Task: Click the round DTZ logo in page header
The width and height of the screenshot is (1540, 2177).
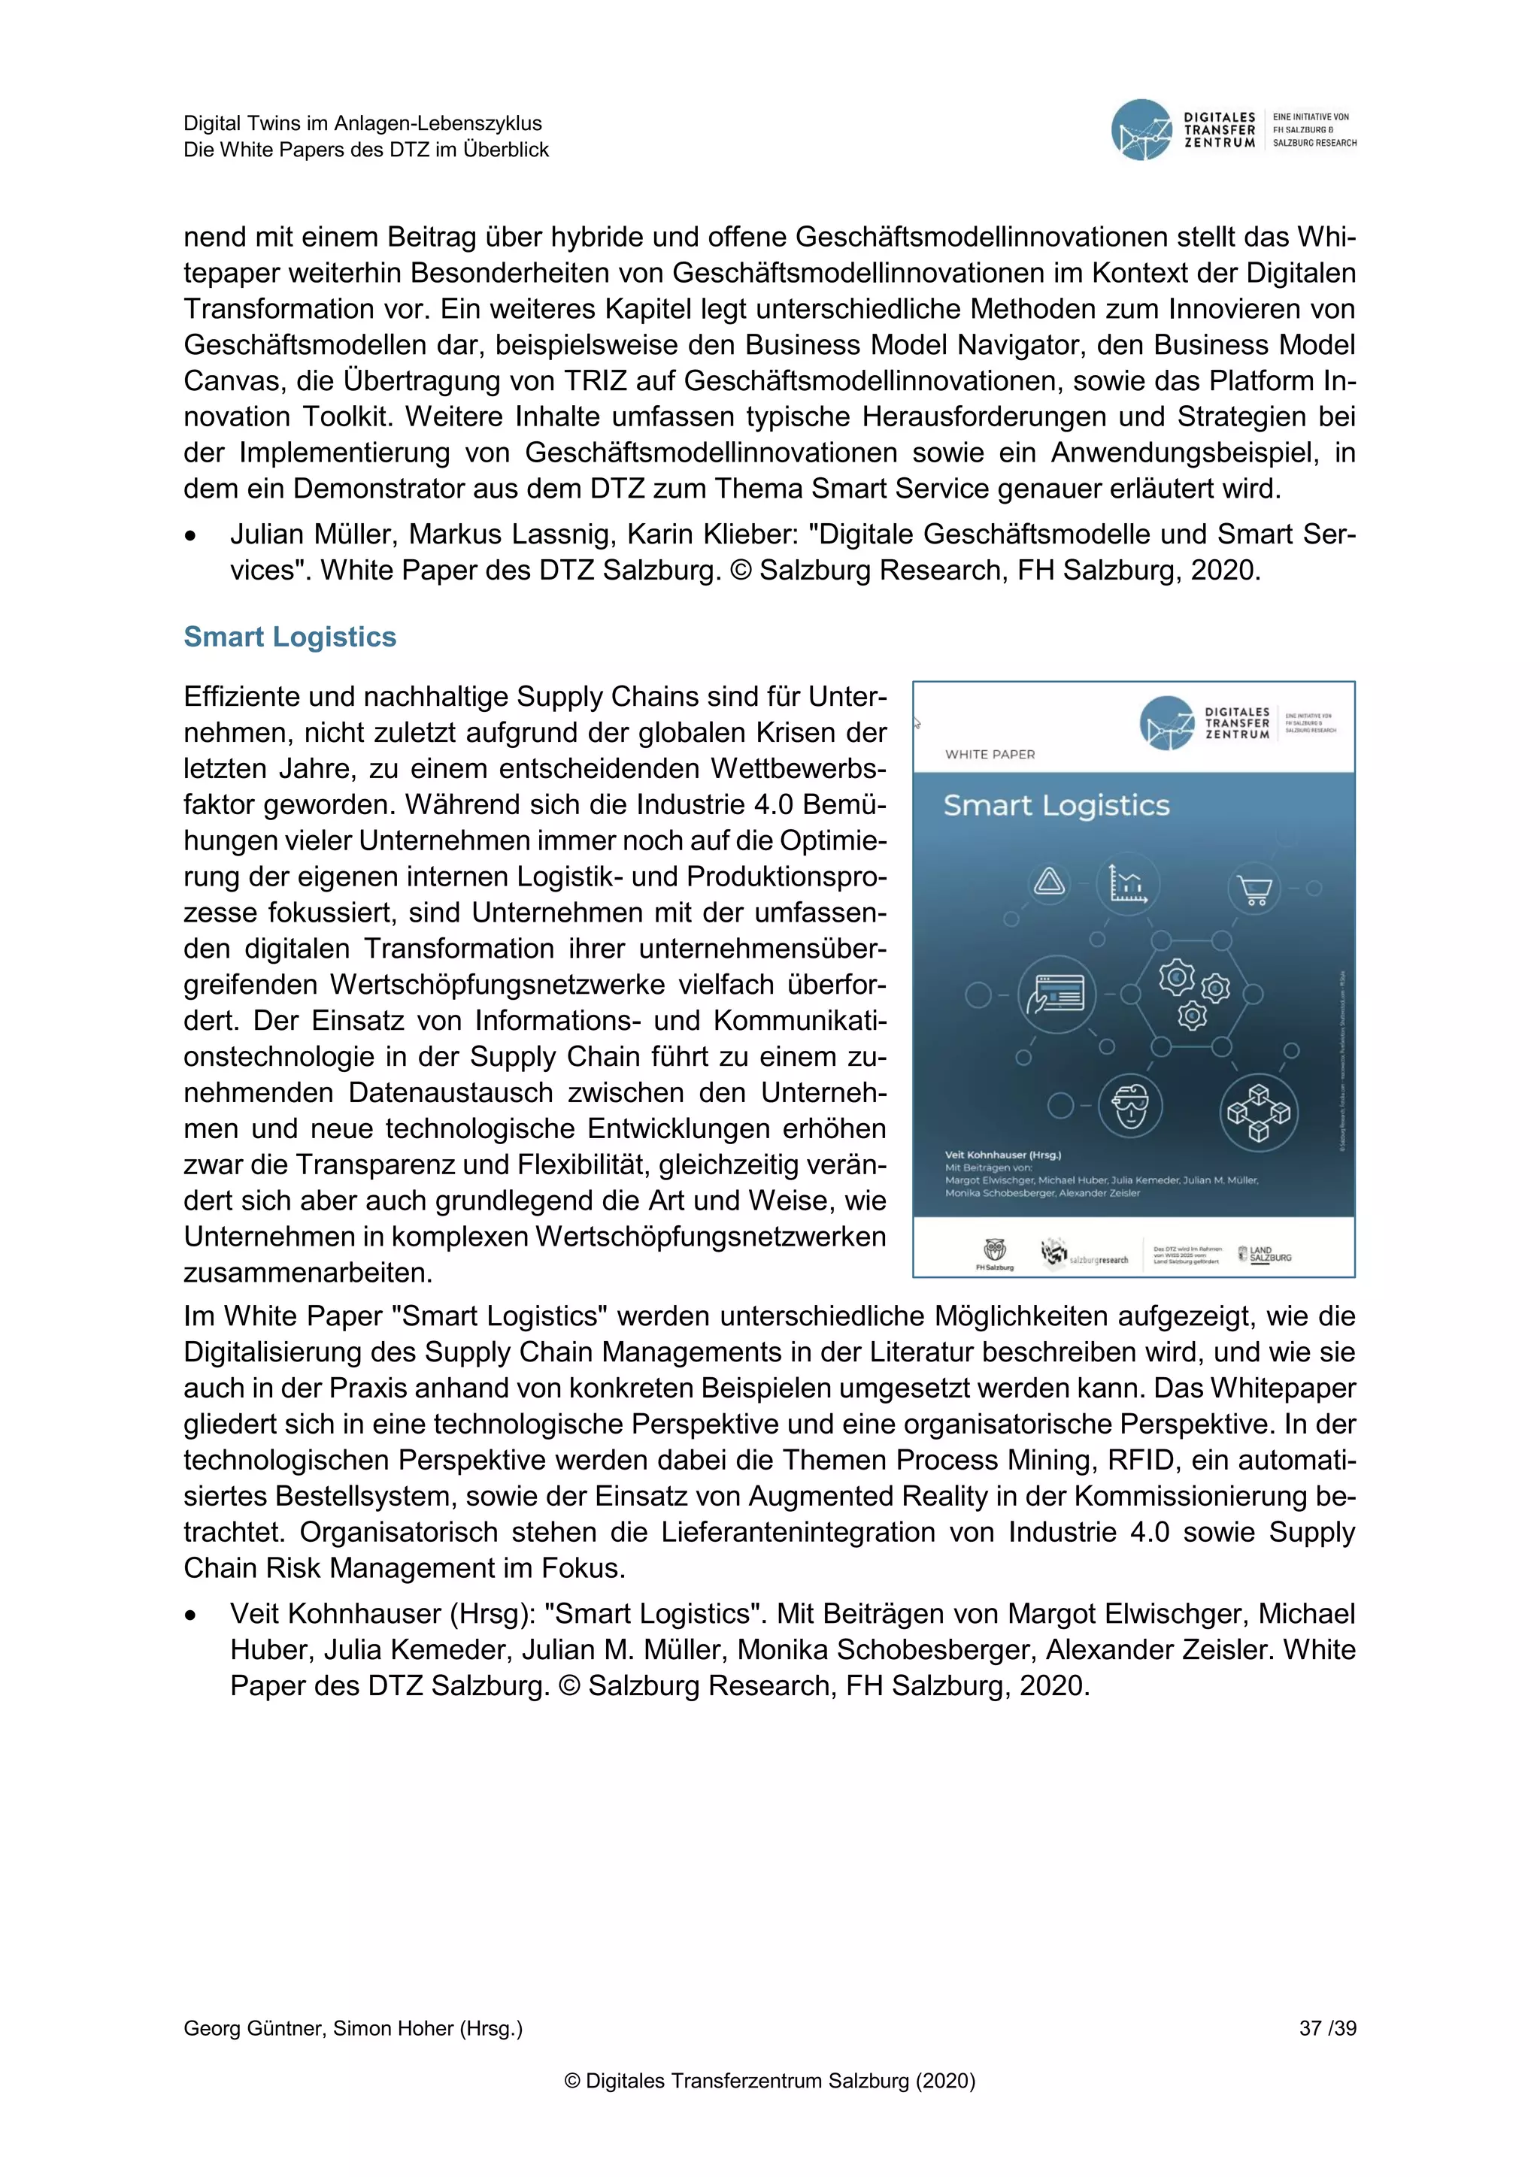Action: (x=1141, y=130)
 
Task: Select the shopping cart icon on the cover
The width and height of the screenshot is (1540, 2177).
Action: (x=1254, y=889)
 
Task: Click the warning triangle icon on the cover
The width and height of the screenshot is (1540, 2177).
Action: (x=1049, y=883)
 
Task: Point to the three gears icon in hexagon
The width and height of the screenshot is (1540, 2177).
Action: (x=1192, y=995)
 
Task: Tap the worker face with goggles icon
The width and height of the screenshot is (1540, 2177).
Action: (x=1130, y=1106)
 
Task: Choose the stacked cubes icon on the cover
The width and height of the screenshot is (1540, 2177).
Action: (x=1258, y=1111)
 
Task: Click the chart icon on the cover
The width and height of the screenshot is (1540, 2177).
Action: (x=1127, y=884)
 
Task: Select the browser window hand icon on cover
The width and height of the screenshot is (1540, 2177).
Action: (x=1056, y=995)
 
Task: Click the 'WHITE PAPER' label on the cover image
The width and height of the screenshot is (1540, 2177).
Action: (x=990, y=755)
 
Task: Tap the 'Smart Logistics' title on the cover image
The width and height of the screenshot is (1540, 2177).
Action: (x=1056, y=806)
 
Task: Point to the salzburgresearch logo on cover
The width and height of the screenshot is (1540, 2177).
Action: (x=1085, y=1255)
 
